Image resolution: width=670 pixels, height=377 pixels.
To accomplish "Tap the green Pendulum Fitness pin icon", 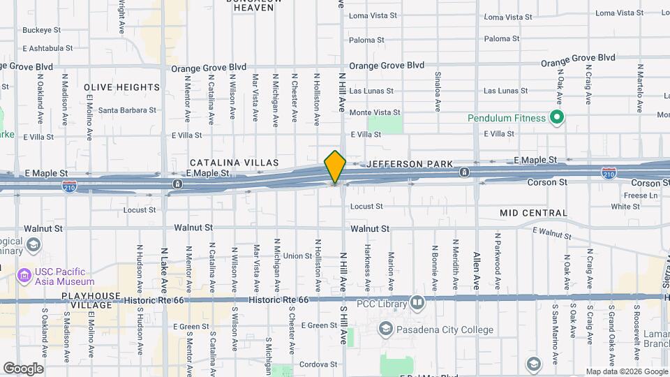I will (x=557, y=117).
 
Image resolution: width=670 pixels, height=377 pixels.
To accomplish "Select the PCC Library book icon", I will (x=417, y=302).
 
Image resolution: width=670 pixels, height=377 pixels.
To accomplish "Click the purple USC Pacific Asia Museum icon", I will (x=25, y=276).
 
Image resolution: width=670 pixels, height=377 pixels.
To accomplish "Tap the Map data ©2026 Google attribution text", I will (x=626, y=371).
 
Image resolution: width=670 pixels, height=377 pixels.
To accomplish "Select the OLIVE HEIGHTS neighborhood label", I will (x=122, y=87).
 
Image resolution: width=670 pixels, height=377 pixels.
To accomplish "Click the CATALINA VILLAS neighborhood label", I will (x=234, y=163).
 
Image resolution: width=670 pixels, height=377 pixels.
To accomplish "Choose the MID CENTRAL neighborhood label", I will (x=533, y=213).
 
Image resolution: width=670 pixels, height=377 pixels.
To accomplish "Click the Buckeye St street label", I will (x=42, y=30).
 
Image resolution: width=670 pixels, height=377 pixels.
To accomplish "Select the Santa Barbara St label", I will (x=127, y=110).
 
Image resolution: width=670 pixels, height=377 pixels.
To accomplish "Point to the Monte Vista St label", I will (x=375, y=112).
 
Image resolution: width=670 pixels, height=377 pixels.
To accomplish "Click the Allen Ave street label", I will (x=477, y=271).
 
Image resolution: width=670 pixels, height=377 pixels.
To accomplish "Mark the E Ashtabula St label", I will (x=53, y=49).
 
